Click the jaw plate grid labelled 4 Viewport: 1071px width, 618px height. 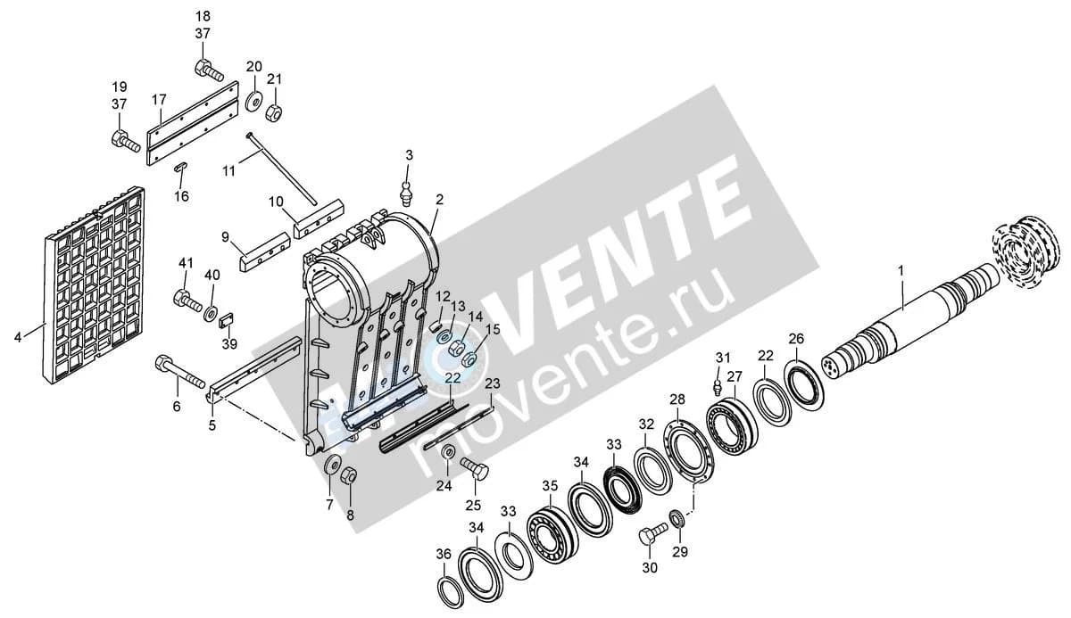[95, 285]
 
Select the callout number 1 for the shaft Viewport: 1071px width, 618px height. [901, 271]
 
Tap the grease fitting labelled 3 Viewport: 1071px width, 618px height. [406, 193]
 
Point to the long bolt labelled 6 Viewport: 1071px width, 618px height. [179, 373]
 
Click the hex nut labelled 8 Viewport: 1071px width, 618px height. [349, 475]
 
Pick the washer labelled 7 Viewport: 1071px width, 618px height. [331, 465]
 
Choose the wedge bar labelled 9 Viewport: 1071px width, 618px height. [263, 251]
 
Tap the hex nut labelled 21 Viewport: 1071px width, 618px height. [275, 113]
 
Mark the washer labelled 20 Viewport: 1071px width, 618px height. [253, 103]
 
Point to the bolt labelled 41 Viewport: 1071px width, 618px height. [187, 301]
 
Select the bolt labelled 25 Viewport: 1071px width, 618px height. [474, 466]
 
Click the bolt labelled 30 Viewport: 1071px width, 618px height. [652, 534]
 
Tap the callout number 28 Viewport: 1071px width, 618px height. [677, 400]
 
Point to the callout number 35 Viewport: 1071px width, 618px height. [550, 486]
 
